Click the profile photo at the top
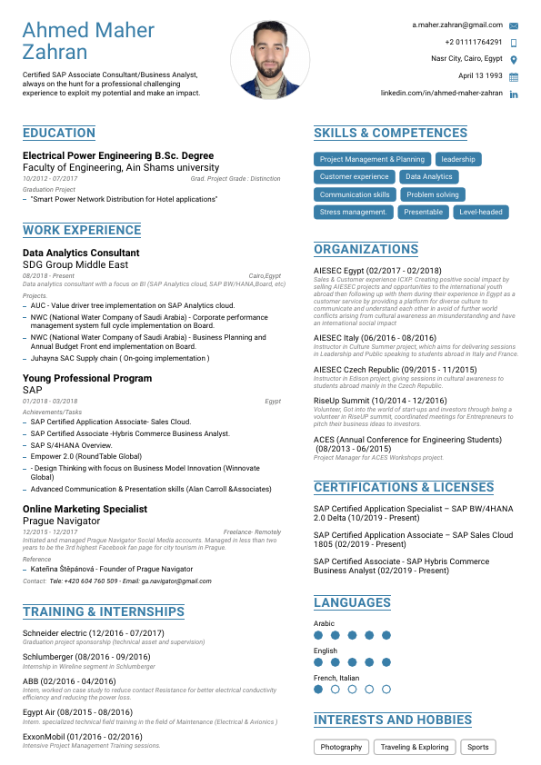tap(271, 60)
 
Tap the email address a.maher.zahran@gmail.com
tap(456, 25)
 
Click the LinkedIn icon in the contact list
tap(514, 94)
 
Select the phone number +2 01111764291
tap(474, 43)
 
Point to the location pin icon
tap(514, 60)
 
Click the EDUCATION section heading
tap(59, 134)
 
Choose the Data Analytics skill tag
tap(428, 177)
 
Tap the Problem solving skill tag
tap(433, 194)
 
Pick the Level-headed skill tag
tap(481, 212)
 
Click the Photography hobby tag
tap(342, 747)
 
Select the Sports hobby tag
tap(478, 747)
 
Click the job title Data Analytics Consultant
tap(81, 253)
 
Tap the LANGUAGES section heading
tap(352, 602)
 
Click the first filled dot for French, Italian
tap(318, 690)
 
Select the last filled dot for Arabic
tap(386, 636)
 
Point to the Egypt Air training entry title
tap(77, 713)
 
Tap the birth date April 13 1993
tap(480, 76)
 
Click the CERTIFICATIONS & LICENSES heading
tap(404, 488)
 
